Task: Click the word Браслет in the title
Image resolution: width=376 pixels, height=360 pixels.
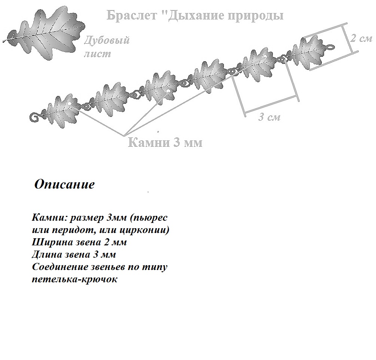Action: [132, 15]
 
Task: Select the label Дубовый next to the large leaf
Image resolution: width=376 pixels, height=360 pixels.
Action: [107, 40]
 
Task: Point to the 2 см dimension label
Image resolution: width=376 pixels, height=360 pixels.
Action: [361, 38]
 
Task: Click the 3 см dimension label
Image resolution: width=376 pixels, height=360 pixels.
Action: [269, 117]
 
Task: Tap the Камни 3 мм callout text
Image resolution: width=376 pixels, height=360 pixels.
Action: [165, 142]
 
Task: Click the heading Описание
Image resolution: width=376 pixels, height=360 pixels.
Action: [65, 184]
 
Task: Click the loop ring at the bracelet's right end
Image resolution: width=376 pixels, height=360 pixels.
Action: [330, 47]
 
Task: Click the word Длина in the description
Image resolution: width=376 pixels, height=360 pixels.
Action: [47, 254]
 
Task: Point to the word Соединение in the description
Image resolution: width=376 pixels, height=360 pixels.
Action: [60, 267]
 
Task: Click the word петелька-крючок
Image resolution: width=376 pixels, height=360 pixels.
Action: [75, 279]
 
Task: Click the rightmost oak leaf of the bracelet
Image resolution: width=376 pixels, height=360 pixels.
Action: [307, 52]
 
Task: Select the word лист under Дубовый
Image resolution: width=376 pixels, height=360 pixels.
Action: [97, 53]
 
